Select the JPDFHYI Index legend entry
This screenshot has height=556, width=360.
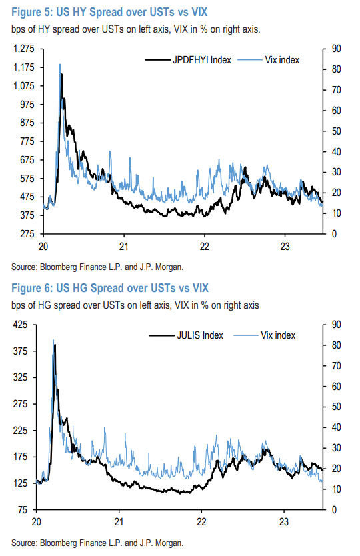(189, 60)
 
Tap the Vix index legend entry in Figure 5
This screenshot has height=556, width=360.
(279, 60)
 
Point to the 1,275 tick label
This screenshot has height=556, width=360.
(24, 49)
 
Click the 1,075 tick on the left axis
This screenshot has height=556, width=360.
(24, 86)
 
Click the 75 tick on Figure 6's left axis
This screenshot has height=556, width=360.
(23, 510)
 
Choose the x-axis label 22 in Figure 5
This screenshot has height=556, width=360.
(203, 245)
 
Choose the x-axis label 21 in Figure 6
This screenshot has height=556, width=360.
(119, 521)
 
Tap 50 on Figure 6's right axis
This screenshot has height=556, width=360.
(335, 407)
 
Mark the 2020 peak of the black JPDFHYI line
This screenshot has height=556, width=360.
(61, 75)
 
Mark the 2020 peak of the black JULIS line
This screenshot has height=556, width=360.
(55, 345)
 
